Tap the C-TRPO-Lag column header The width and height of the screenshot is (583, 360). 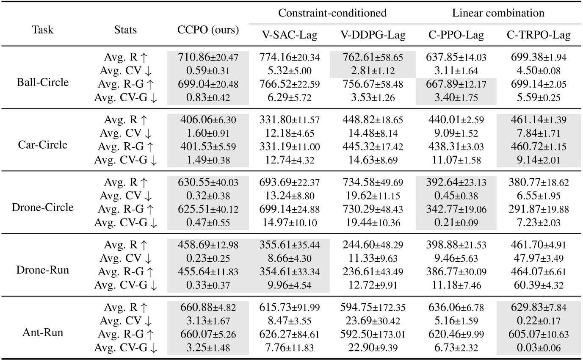[x=539, y=36]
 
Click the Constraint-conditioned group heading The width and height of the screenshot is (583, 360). [x=332, y=13]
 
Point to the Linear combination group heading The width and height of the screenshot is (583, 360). [x=498, y=13]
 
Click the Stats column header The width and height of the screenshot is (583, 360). [x=125, y=30]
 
